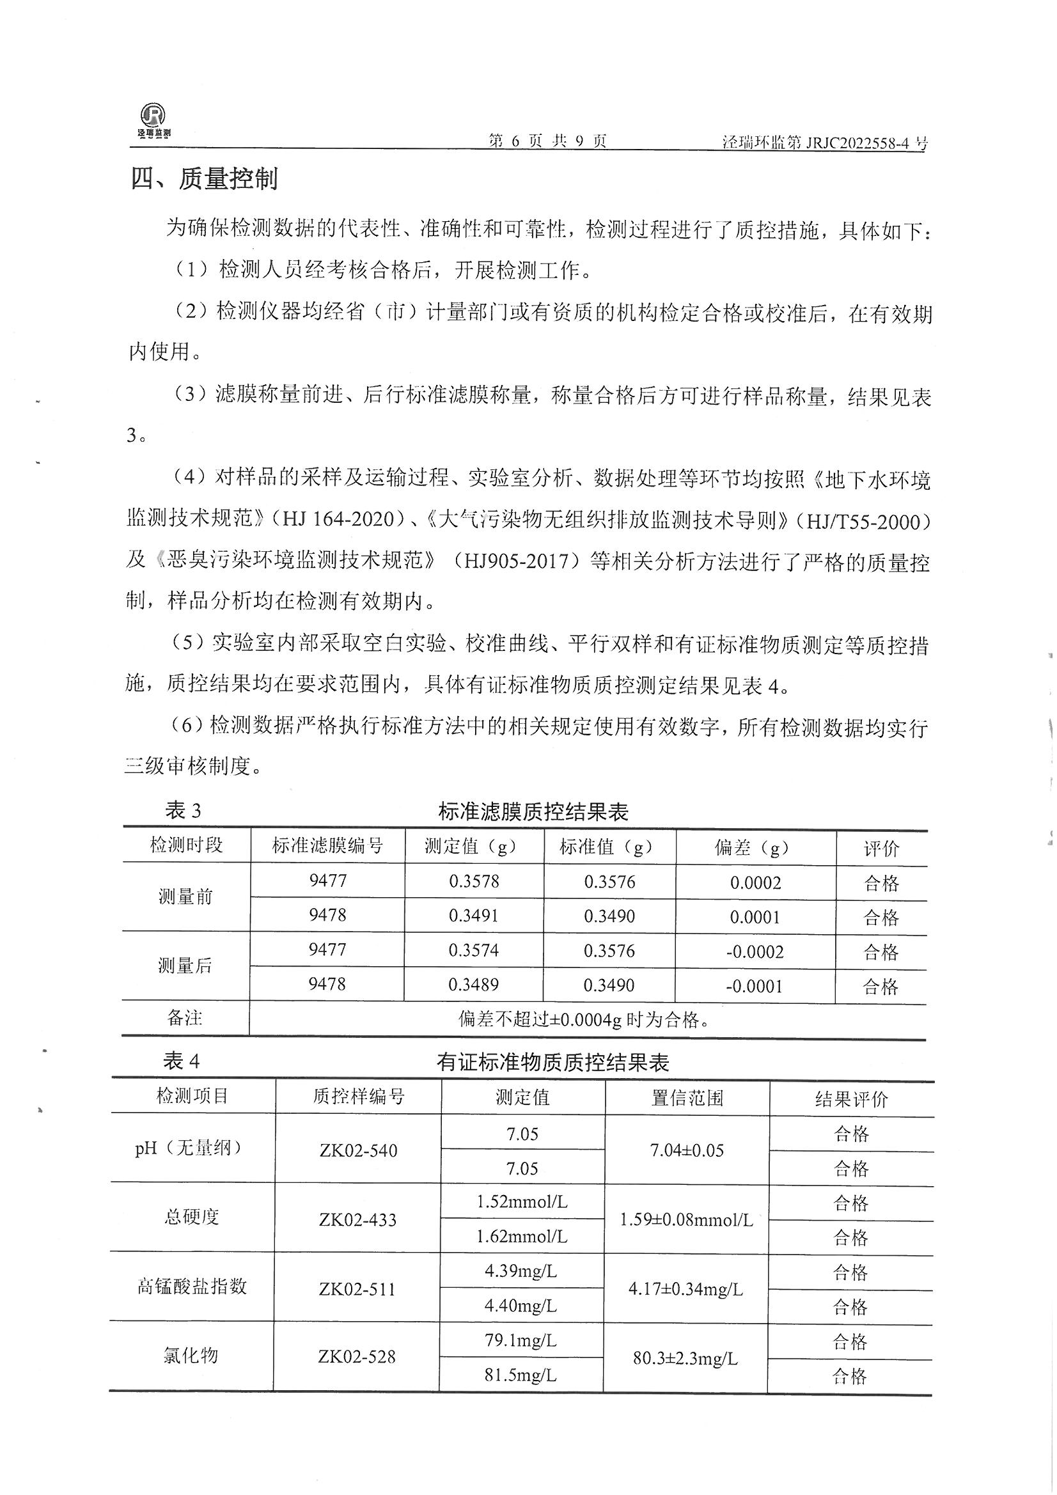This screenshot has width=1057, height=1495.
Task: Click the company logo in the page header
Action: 153,121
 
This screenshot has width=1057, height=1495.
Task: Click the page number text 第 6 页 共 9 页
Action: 548,141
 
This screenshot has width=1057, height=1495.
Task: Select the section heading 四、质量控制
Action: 205,178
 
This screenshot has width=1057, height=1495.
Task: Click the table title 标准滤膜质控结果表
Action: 533,811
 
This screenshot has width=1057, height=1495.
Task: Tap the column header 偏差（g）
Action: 755,848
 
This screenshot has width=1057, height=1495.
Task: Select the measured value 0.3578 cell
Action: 474,882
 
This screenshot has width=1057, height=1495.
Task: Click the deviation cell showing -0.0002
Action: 755,952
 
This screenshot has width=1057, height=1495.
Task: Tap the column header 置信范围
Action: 687,1099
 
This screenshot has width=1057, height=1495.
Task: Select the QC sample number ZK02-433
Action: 357,1219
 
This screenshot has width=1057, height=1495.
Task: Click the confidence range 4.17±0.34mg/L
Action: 685,1288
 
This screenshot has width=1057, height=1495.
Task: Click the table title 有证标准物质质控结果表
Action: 552,1063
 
